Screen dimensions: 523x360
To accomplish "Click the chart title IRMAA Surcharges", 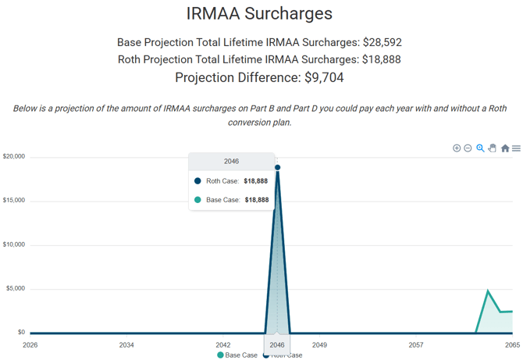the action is click(x=259, y=14).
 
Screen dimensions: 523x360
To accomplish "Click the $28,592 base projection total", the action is click(x=382, y=42).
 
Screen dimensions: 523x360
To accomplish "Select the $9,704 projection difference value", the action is click(x=324, y=77).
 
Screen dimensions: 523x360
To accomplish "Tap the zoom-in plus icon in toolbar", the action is click(x=457, y=148).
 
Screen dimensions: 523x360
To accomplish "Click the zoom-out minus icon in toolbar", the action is click(x=468, y=148).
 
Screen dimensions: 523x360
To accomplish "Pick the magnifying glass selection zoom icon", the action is click(x=480, y=148).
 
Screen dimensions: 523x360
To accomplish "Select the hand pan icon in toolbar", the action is click(x=493, y=148).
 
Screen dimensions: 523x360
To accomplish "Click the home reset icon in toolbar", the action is click(x=505, y=148).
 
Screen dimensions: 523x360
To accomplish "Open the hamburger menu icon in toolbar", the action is click(x=516, y=148).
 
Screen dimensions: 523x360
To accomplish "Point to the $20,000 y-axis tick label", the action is click(x=14, y=156).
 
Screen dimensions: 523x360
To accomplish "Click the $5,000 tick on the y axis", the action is click(x=16, y=288).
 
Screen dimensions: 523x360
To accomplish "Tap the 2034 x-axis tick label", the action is click(x=126, y=344).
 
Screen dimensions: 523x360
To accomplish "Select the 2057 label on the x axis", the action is click(x=416, y=344).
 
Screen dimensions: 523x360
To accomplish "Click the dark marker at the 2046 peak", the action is click(x=278, y=167).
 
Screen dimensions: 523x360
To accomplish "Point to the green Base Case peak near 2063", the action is click(x=488, y=290).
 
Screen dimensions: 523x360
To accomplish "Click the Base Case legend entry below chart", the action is click(x=237, y=355).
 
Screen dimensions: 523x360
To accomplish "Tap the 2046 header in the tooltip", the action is click(x=232, y=162).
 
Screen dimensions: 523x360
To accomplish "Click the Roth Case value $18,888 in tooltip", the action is click(x=256, y=181).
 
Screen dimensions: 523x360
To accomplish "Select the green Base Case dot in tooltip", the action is click(x=197, y=200).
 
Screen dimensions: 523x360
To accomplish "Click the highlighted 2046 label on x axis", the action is click(x=277, y=344).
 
